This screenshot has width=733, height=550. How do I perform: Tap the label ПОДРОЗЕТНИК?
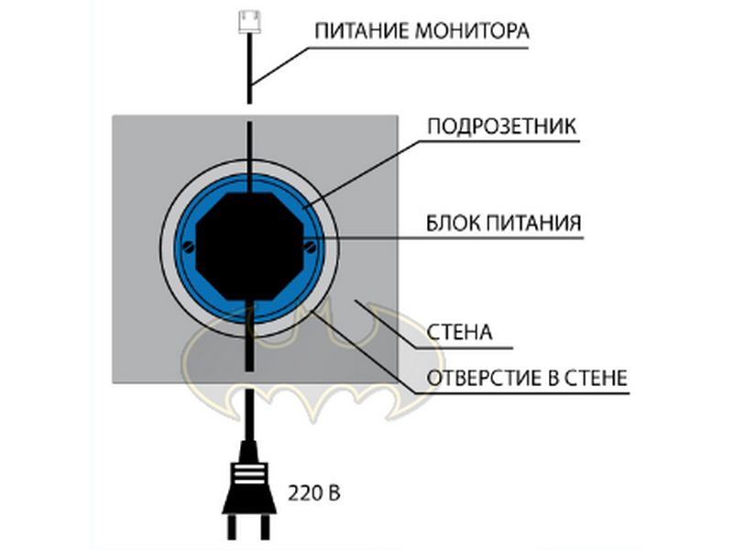tap(502, 126)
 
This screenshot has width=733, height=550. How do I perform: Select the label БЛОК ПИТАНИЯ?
tap(505, 223)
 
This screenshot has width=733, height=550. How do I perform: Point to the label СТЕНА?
tap(461, 331)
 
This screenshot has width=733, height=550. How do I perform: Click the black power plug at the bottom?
tap(247, 486)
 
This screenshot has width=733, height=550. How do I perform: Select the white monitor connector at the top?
tap(249, 18)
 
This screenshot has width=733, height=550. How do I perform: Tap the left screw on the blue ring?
tap(187, 245)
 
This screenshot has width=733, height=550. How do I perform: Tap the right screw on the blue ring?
tap(311, 245)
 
